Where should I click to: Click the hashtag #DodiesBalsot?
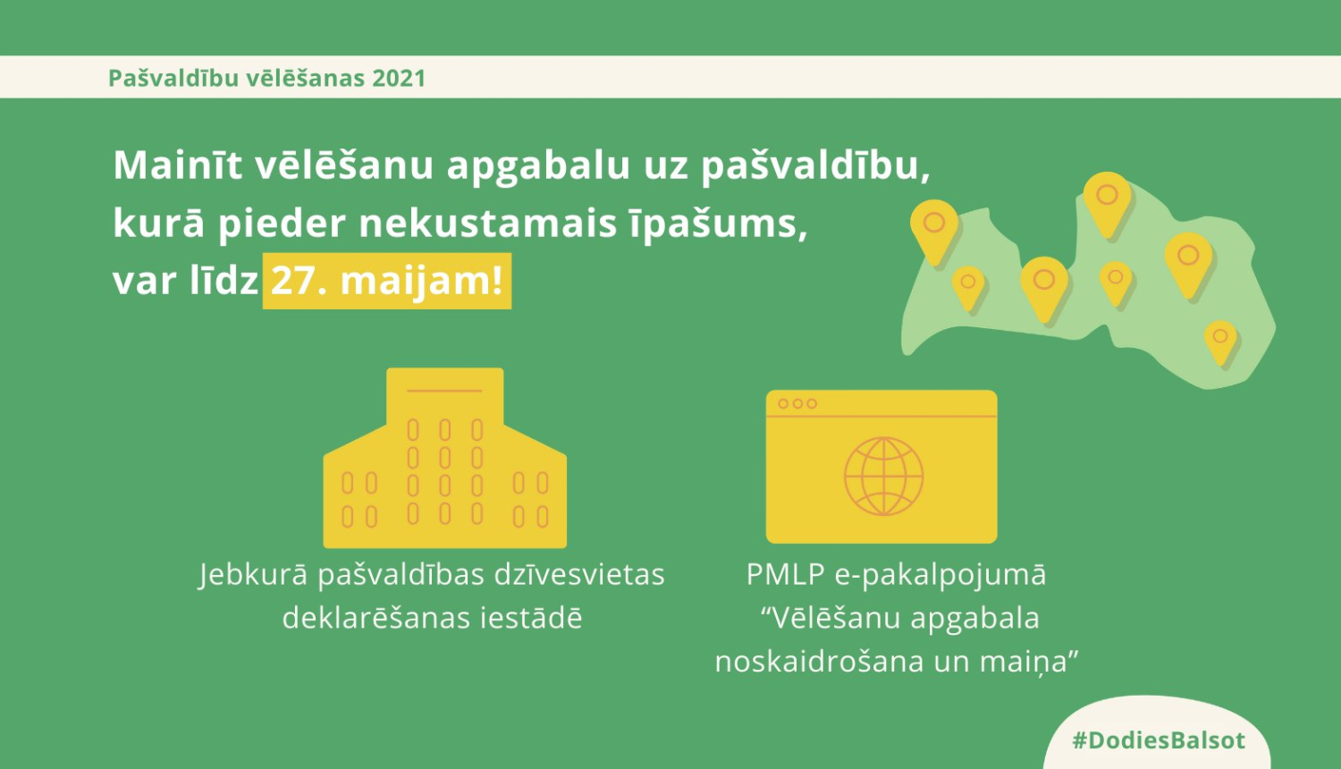(x=1158, y=740)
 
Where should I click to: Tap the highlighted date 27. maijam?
(x=386, y=281)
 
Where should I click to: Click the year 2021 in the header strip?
(x=399, y=79)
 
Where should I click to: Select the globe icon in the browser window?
(x=883, y=477)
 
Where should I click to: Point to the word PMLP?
(x=784, y=575)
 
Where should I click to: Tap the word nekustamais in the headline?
(x=487, y=224)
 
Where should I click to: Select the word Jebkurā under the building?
(x=252, y=575)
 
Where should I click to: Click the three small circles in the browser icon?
(x=797, y=404)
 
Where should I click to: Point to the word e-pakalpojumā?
(x=940, y=575)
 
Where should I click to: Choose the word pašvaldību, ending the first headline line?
(x=814, y=166)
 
